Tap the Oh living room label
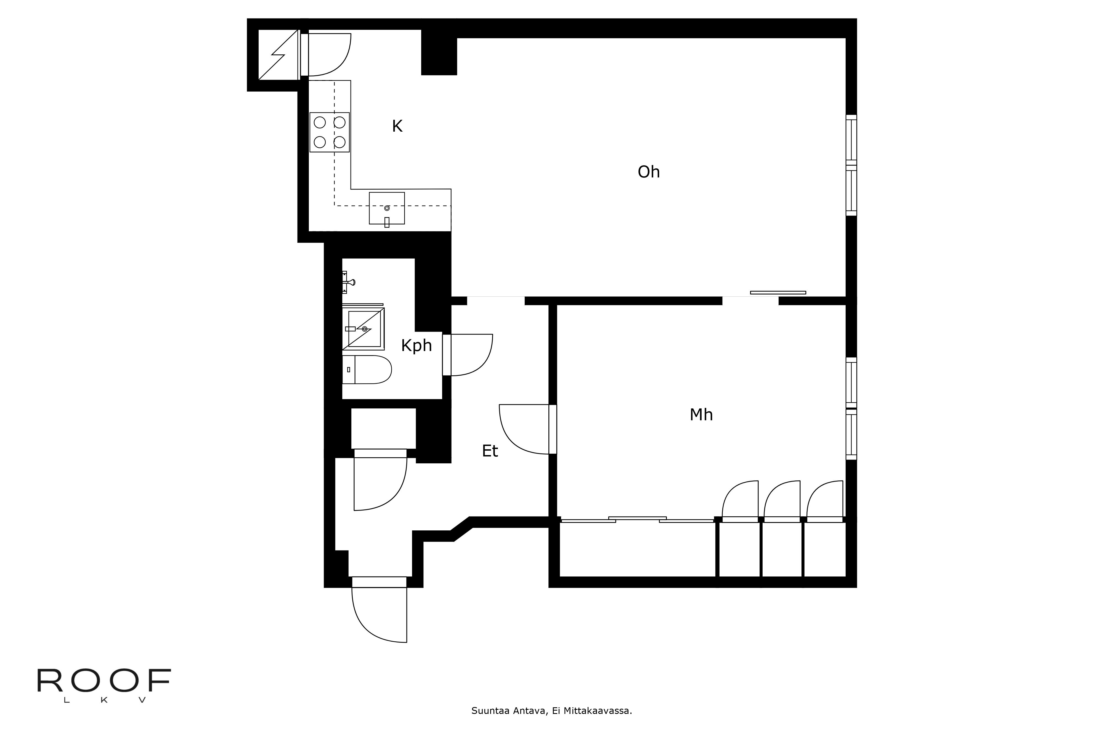[x=648, y=172]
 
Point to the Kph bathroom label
[x=416, y=346]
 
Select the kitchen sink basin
[x=387, y=208]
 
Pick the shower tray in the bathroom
[x=364, y=329]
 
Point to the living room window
[x=851, y=165]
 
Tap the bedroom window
[x=851, y=408]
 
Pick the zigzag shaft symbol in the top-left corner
[x=278, y=55]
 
